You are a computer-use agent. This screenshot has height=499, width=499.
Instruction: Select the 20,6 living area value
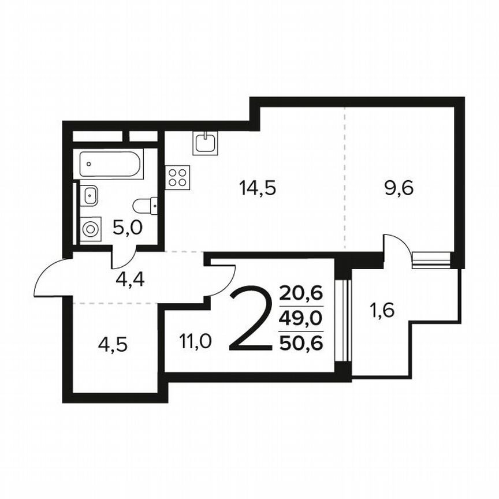pyautogui.click(x=300, y=293)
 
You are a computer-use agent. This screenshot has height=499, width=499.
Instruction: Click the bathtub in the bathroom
pyautogui.click(x=110, y=165)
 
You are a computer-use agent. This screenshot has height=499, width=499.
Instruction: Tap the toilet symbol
pyautogui.click(x=145, y=205)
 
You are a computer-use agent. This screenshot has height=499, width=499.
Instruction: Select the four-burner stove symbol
pyautogui.click(x=177, y=177)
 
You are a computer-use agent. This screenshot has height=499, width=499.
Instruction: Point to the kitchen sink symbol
pyautogui.click(x=206, y=143)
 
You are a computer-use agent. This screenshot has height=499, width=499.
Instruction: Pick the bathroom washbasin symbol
pyautogui.click(x=90, y=195)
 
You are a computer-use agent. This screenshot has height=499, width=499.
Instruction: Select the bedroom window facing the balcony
pyautogui.click(x=345, y=320)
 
